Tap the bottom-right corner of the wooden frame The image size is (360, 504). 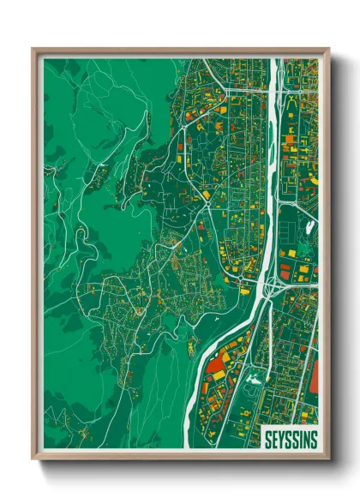pyautogui.click(x=328, y=459)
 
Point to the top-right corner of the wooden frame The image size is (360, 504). pyautogui.click(x=328, y=50)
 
